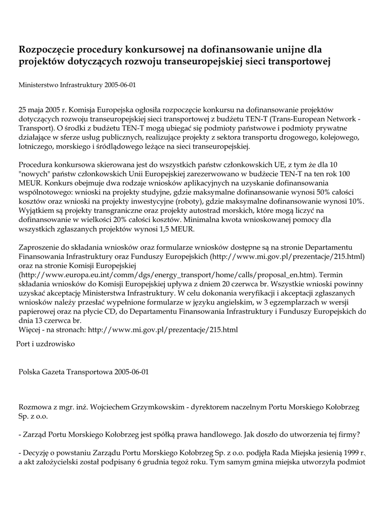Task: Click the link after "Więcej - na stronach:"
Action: [x=163, y=330]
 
